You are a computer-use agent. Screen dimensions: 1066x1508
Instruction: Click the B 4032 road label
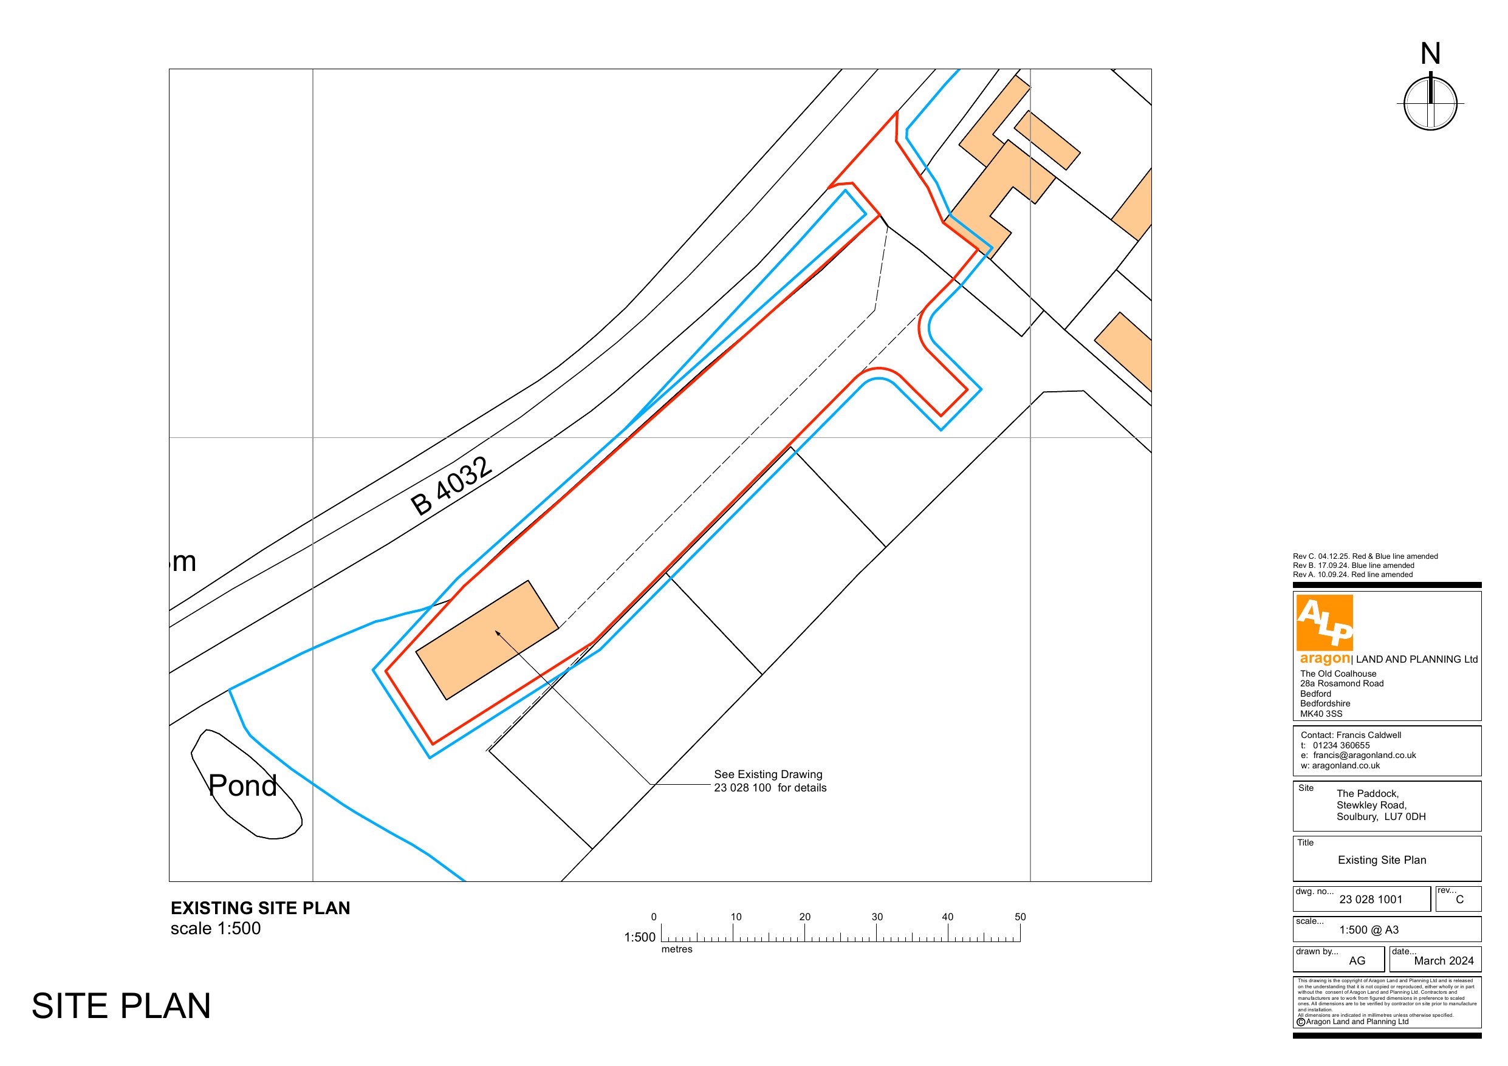451,486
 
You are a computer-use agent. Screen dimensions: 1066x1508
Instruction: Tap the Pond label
242,785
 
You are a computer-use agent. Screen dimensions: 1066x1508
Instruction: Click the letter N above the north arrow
1430,54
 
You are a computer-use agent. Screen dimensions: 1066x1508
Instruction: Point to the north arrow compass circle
1430,104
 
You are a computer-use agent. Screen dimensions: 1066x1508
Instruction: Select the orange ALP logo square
1324,622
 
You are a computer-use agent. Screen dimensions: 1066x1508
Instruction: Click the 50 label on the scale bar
1020,917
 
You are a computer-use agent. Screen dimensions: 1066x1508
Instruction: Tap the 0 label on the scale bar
654,917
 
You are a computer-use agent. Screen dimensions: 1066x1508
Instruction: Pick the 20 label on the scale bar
804,917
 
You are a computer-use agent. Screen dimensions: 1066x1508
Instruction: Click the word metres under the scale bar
676,949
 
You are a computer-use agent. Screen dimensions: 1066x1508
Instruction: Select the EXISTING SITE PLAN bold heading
260,907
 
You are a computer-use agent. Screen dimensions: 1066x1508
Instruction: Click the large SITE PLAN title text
121,1006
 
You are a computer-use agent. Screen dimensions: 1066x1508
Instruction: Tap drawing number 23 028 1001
1371,900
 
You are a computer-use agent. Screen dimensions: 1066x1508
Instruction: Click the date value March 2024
1444,961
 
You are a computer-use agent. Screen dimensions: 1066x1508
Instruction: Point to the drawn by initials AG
1357,961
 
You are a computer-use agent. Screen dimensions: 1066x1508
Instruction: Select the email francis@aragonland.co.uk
1364,756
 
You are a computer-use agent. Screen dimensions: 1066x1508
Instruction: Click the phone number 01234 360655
1341,745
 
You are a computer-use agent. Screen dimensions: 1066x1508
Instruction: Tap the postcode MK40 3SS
1321,714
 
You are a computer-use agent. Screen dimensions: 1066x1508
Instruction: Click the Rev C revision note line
1365,556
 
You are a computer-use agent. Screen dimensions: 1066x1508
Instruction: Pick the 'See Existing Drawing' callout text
768,774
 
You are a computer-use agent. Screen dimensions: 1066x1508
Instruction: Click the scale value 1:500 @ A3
1369,930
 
